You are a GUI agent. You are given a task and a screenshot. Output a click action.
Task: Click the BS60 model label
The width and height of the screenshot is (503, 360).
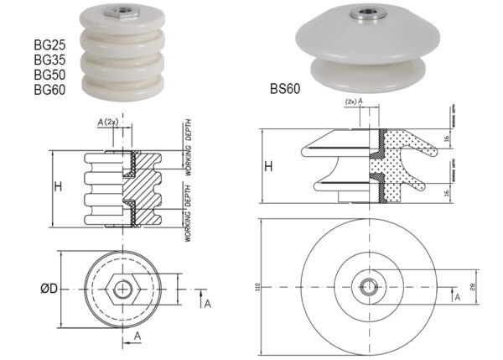coord(285,87)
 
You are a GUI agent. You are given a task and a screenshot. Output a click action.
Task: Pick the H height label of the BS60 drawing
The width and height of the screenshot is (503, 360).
coord(269,166)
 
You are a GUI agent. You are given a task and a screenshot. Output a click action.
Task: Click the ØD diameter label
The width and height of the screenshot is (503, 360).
coord(51,290)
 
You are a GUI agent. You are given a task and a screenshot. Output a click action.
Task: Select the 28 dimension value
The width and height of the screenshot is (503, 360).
coord(475,289)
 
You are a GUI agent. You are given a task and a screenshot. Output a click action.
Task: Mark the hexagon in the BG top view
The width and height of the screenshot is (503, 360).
coord(124,290)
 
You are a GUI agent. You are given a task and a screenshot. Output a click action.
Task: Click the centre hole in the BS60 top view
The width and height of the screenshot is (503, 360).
coord(367,289)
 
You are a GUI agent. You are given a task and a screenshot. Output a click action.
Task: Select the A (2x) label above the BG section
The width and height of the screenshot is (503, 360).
coord(108,121)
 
